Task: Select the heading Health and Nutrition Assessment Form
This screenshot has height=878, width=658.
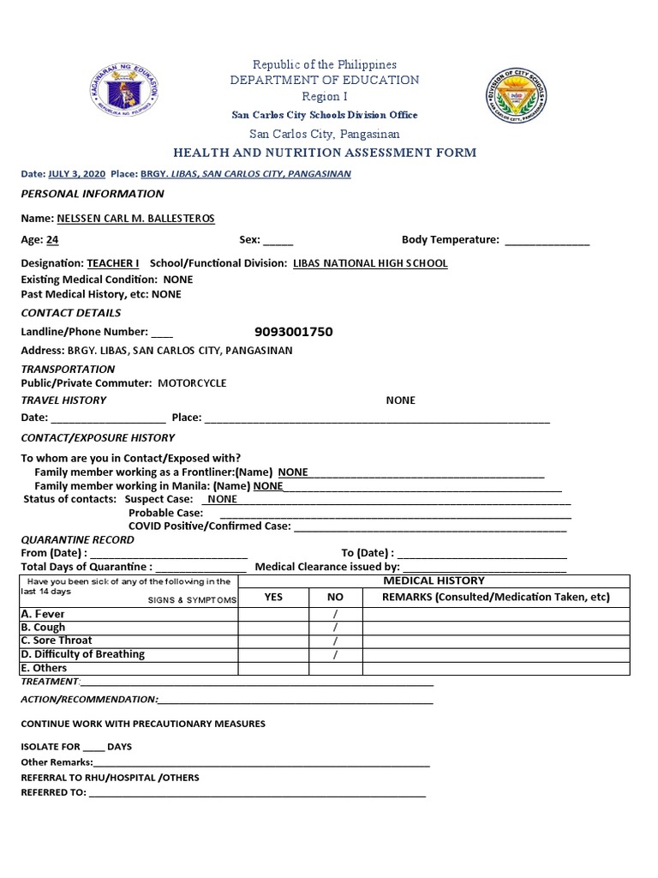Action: (x=325, y=153)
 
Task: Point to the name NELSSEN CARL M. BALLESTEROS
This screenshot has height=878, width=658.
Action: (x=135, y=218)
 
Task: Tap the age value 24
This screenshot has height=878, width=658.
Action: (x=53, y=240)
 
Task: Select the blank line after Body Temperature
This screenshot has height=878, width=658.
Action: (x=547, y=242)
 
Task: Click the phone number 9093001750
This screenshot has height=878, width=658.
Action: (x=294, y=332)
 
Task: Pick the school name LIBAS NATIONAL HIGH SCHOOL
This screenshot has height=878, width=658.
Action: (x=369, y=263)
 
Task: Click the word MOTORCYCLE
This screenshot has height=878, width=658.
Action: (x=192, y=383)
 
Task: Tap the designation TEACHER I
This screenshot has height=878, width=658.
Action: (x=112, y=263)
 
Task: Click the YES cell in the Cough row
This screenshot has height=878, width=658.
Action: (x=272, y=628)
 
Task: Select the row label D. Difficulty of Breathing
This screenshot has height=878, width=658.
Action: (x=82, y=654)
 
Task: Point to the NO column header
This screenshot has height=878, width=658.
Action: (x=335, y=597)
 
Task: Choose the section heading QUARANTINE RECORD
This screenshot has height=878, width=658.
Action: (x=77, y=539)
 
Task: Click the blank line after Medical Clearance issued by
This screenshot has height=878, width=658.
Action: (x=484, y=568)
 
